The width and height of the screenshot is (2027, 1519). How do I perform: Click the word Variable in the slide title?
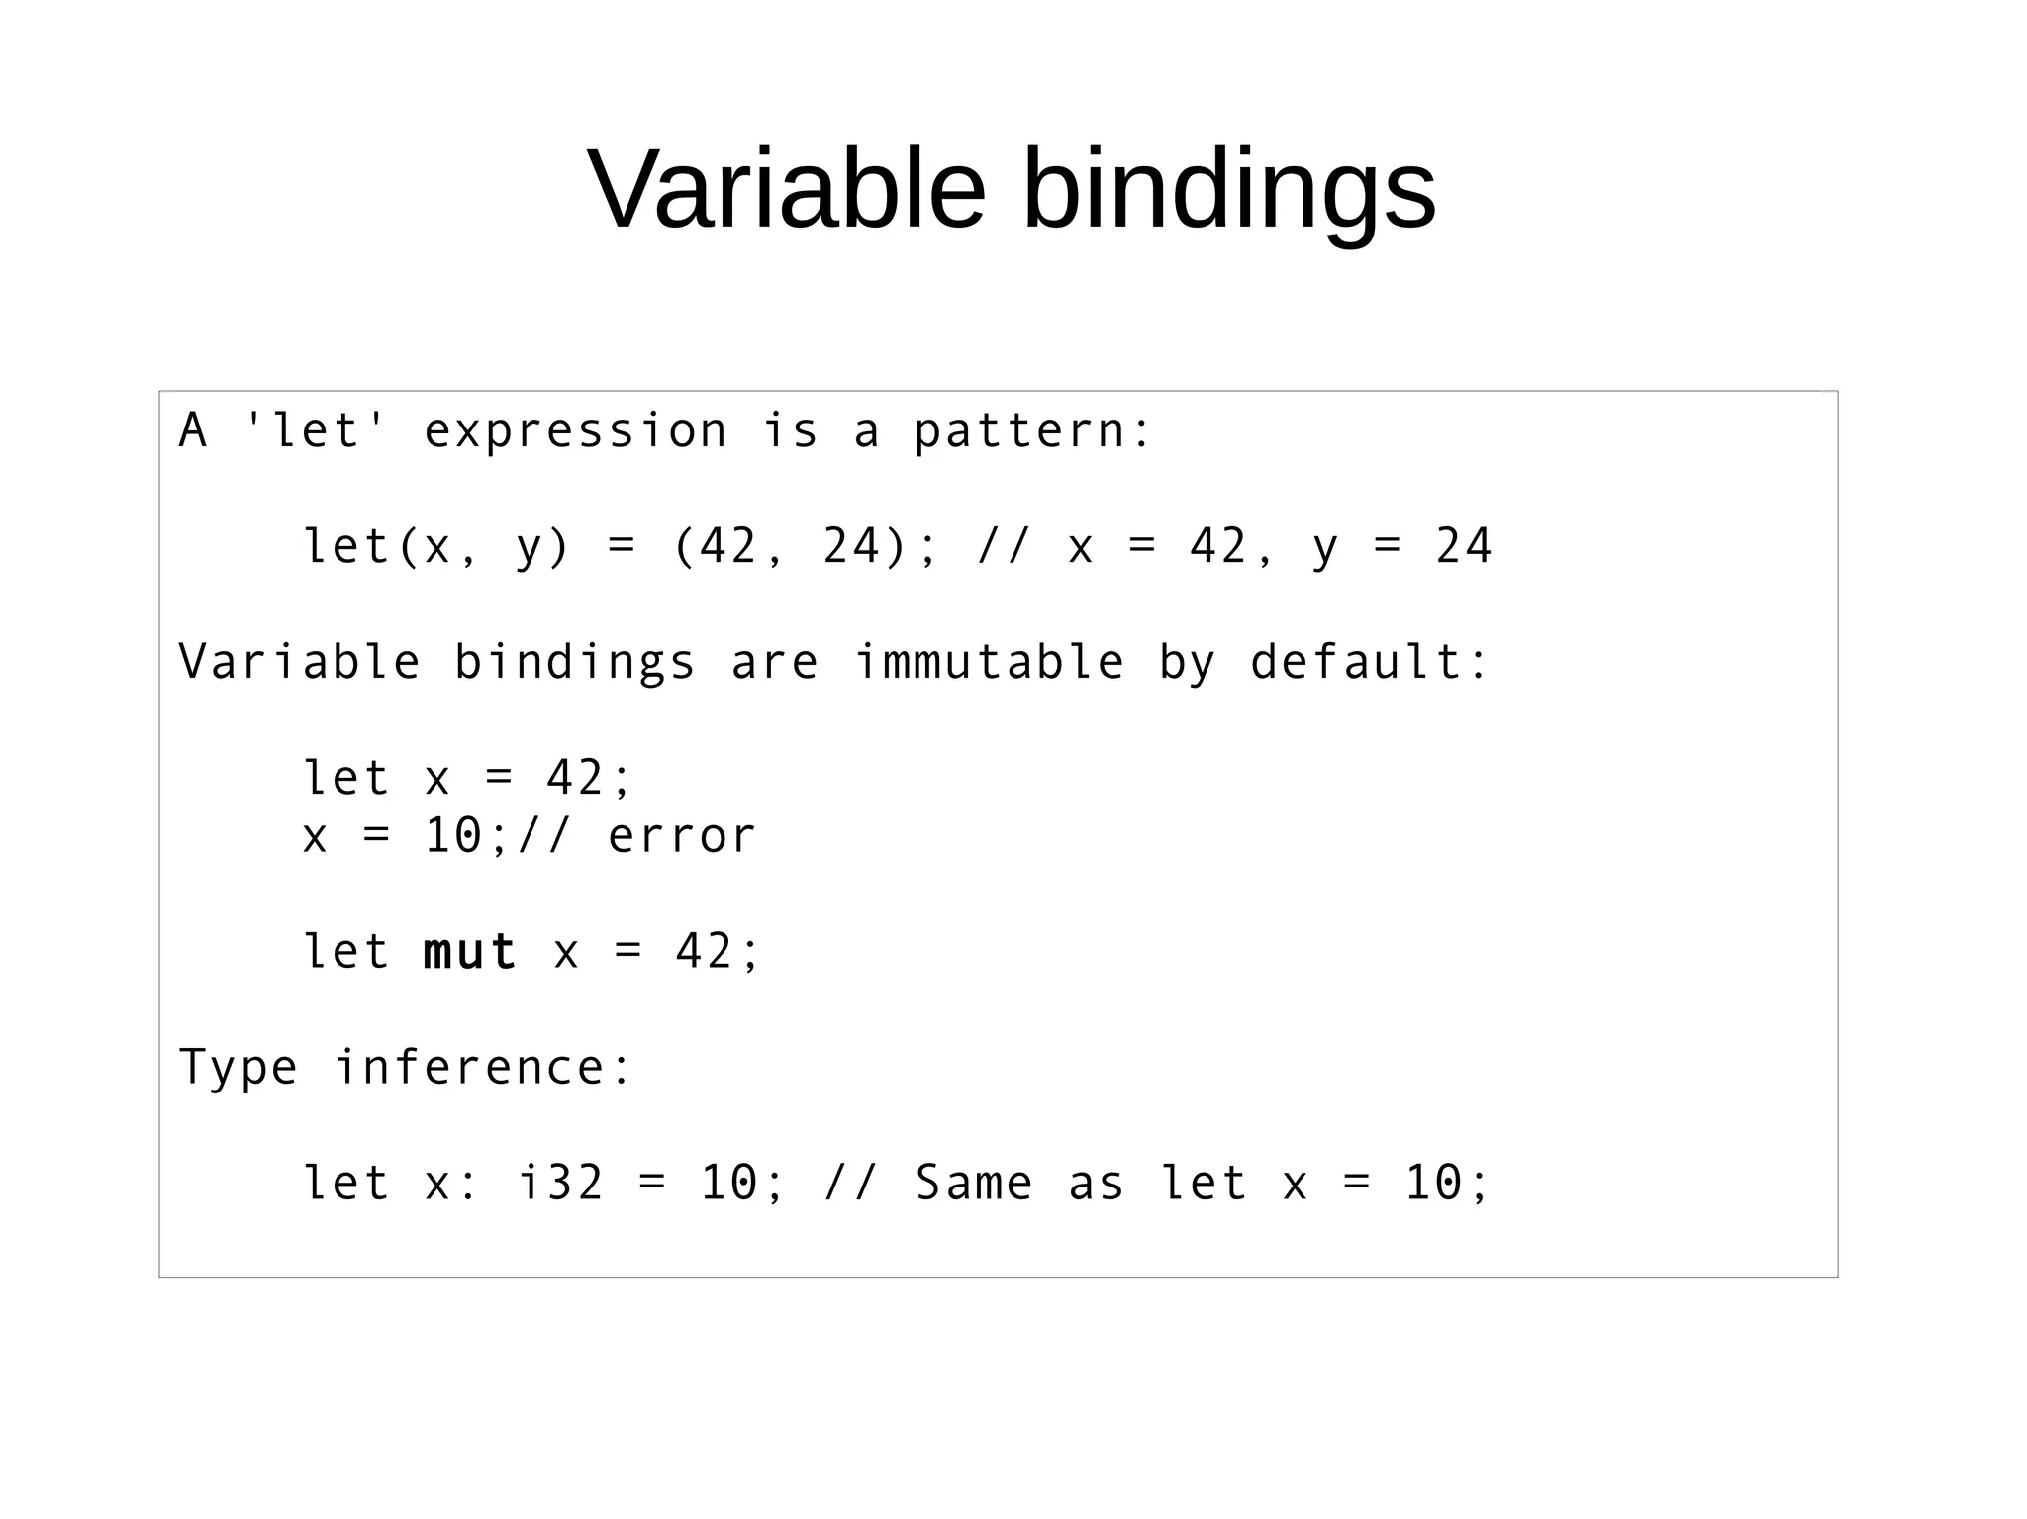(787, 188)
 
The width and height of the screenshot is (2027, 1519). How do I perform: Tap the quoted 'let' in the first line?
(314, 430)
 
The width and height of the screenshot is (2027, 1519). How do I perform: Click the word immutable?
(989, 662)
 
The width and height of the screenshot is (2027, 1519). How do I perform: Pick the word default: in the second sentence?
(1369, 662)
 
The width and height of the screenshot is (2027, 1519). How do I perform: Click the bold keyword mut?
(469, 952)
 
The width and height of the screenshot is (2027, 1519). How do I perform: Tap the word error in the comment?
(682, 836)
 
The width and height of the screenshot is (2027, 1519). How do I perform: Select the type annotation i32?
(560, 1183)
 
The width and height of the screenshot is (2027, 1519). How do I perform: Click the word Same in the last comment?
(974, 1183)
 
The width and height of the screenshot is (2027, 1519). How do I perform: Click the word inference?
(483, 1067)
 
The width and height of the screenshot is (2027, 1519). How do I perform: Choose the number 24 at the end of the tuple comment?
(1463, 546)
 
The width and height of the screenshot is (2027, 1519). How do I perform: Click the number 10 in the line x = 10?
(452, 836)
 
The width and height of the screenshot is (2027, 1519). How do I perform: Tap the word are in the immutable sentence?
(775, 662)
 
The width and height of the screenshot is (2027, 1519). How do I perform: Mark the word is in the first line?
(790, 430)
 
